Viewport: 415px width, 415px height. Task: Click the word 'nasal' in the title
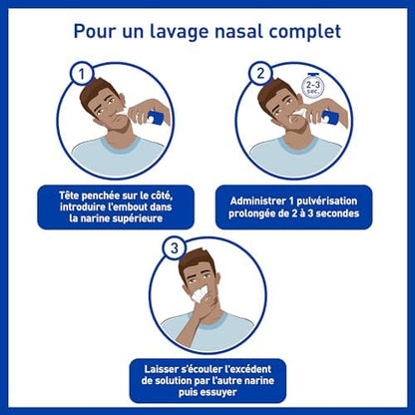(239, 31)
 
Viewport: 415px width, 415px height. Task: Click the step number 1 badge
(82, 74)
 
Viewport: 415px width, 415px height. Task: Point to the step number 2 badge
(260, 73)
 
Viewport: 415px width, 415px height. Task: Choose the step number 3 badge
(174, 248)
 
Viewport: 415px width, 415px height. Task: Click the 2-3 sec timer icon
(312, 86)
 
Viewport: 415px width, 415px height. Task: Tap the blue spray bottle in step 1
(156, 118)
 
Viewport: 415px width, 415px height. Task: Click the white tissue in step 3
(199, 292)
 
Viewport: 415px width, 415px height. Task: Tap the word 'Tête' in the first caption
(69, 196)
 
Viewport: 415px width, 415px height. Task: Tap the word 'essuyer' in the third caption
(218, 392)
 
